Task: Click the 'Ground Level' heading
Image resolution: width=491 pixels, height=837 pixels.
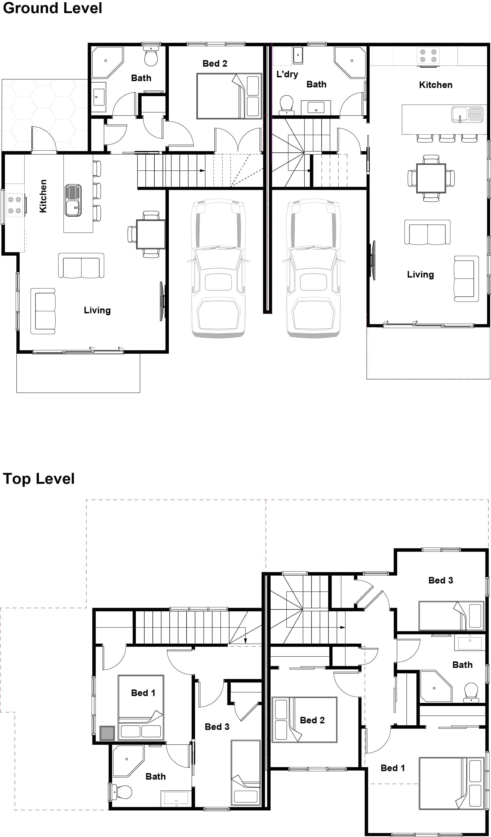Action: pyautogui.click(x=52, y=8)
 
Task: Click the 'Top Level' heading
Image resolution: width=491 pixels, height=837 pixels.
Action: pyautogui.click(x=39, y=479)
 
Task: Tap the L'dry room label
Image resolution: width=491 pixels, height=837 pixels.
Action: pyautogui.click(x=287, y=74)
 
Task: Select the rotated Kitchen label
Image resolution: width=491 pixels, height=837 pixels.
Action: pyautogui.click(x=43, y=196)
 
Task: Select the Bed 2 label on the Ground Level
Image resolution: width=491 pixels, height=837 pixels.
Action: pyautogui.click(x=215, y=63)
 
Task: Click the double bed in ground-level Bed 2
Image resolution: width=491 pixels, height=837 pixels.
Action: pyautogui.click(x=229, y=96)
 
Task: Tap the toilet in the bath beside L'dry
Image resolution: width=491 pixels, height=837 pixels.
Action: pyautogui.click(x=287, y=104)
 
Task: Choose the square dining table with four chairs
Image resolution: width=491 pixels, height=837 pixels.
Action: pyautogui.click(x=431, y=178)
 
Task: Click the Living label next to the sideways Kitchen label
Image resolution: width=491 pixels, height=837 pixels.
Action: pyautogui.click(x=97, y=310)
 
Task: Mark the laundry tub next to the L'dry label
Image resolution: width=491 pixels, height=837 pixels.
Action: pyautogui.click(x=298, y=55)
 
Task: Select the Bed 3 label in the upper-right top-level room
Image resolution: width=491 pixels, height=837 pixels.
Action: pyautogui.click(x=441, y=580)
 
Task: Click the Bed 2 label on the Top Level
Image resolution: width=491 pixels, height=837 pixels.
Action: pyautogui.click(x=312, y=720)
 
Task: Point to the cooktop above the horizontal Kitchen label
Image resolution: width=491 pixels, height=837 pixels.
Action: pyautogui.click(x=428, y=56)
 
